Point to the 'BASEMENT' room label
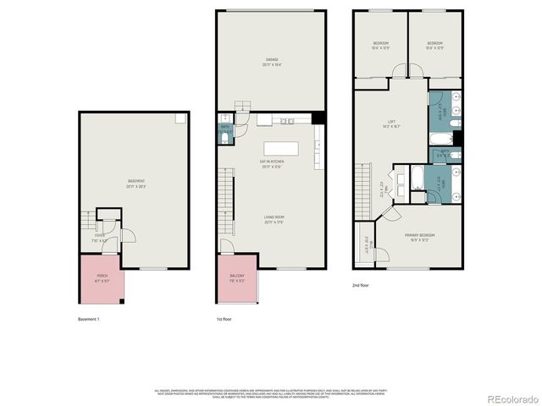[135, 182]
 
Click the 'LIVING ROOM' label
[271, 219]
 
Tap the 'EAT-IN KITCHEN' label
[271, 163]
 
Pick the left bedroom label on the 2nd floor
[380, 45]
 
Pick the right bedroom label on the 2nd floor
[434, 45]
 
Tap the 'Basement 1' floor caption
[88, 319]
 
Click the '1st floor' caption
[225, 319]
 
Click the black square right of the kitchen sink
[318, 118]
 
